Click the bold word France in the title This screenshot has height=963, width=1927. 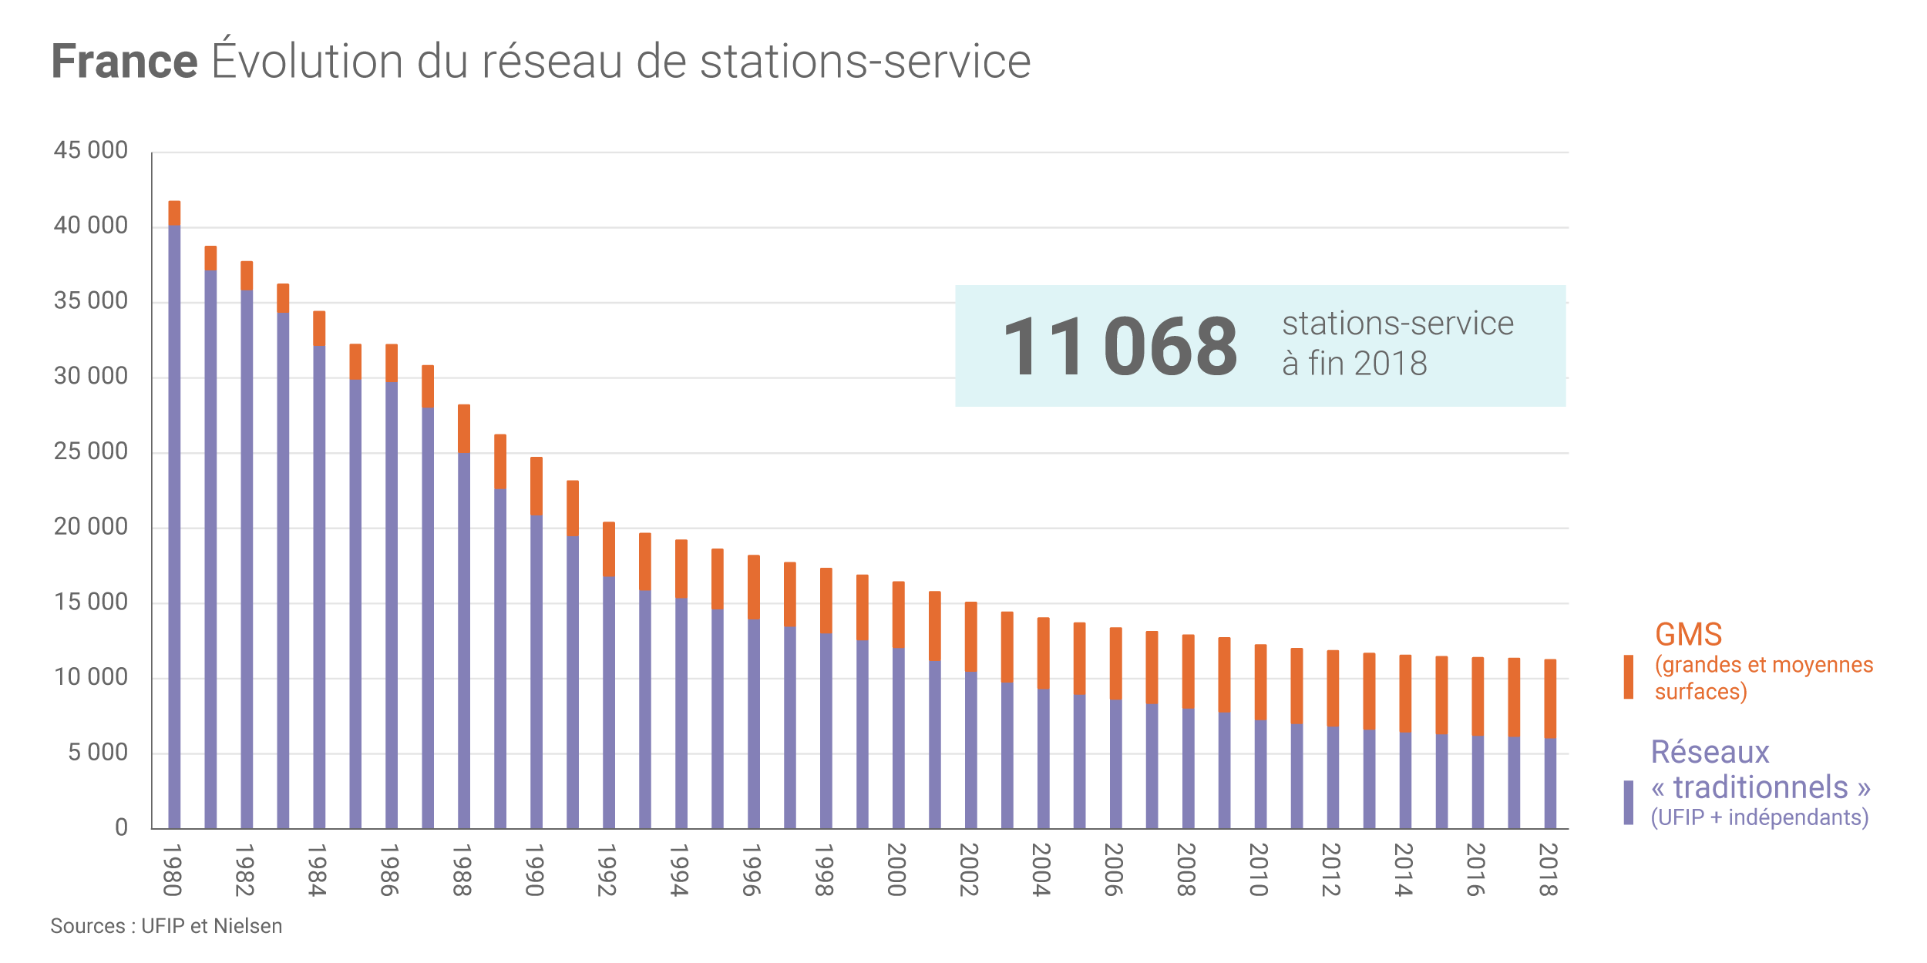coord(125,62)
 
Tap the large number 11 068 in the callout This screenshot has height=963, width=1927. coord(1120,347)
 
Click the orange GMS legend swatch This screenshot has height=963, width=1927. coord(1629,677)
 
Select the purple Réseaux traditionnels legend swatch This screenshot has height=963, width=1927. coord(1629,803)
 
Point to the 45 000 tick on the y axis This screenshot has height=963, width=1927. coord(91,150)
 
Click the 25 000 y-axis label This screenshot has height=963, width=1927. coord(91,451)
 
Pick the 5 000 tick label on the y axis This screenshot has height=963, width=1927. coord(98,753)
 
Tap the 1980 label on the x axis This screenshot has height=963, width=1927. coord(173,871)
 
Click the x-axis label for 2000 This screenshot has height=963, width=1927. coord(896,871)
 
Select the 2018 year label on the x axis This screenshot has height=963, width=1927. coord(1549,871)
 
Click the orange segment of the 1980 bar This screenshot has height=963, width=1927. coord(174,213)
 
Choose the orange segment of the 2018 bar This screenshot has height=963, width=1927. coord(1550,699)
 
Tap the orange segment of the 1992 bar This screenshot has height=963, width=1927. coord(609,549)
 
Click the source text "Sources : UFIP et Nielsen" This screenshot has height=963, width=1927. coord(166,926)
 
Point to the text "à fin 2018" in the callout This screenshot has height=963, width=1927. coord(1354,364)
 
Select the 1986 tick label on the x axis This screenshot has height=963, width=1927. coord(390,871)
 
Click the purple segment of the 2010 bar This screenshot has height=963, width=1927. coord(1260,774)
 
